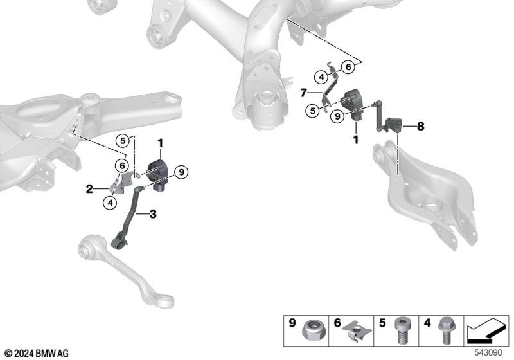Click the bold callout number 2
89,189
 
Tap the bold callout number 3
153,214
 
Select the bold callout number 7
303,93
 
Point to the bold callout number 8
421,126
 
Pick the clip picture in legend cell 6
357,330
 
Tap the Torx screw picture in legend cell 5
402,330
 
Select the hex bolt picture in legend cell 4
446,330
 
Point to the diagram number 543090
488,353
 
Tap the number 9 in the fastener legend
292,323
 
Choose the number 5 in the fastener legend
382,323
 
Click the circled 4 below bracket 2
110,203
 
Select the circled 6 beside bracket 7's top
348,67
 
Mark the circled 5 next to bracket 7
313,111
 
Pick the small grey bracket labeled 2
121,183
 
